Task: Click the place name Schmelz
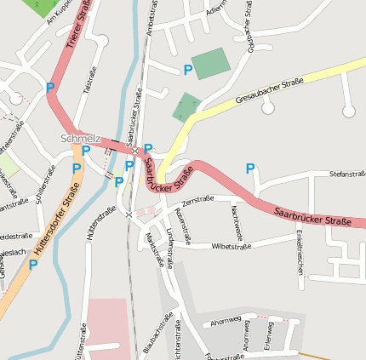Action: tap(80, 139)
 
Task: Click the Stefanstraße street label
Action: tap(347, 174)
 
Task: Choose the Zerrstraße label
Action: tap(197, 199)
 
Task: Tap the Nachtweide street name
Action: tap(239, 221)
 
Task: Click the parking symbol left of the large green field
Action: tap(187, 70)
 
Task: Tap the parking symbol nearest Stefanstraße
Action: tap(250, 169)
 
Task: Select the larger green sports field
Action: tap(210, 64)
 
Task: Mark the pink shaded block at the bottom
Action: tap(110, 328)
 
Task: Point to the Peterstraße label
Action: tap(182, 220)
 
